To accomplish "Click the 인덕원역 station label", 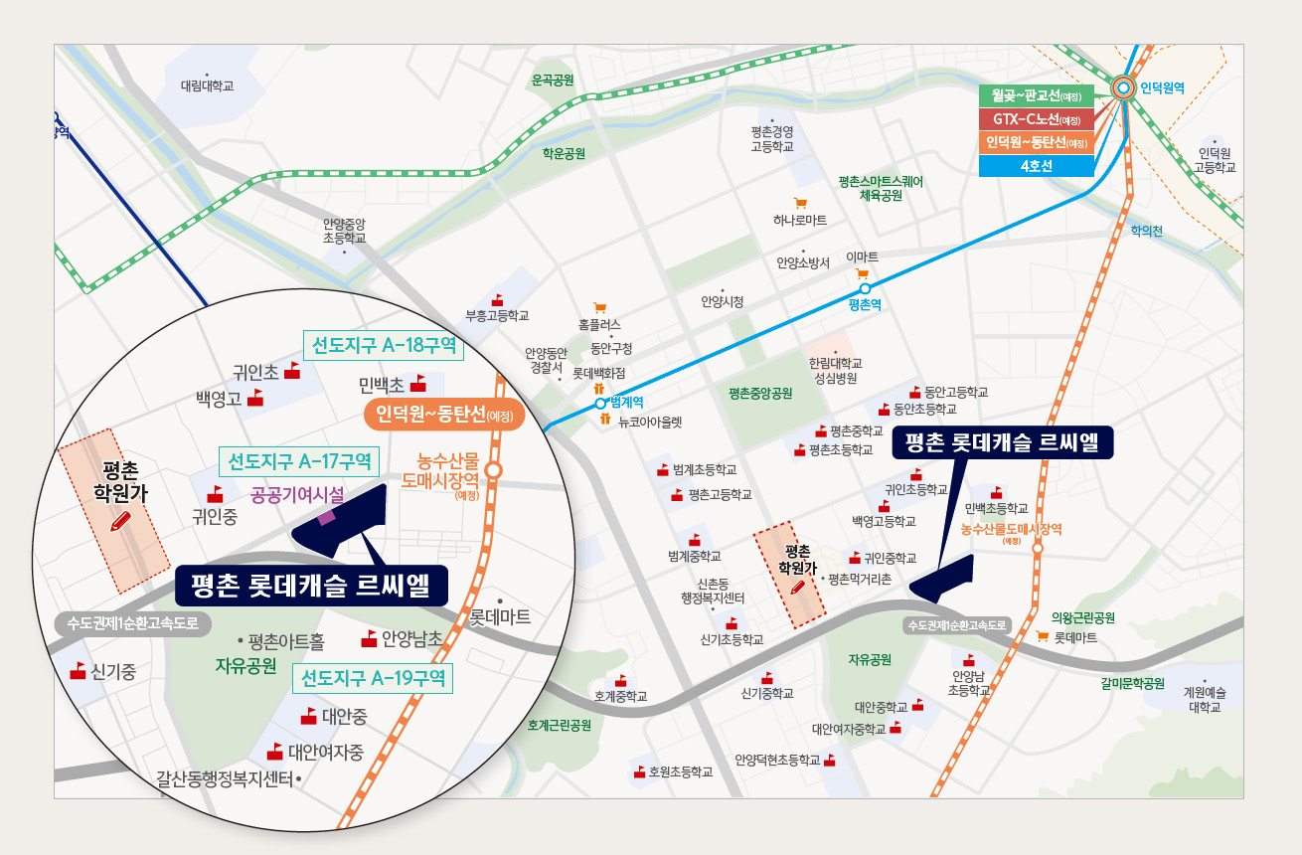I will (1163, 88).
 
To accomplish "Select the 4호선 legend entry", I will (1036, 166).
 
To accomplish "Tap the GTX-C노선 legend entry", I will (1036, 119).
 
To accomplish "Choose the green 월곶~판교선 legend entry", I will (1036, 96).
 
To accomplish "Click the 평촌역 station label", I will (865, 305).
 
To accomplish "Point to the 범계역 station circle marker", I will (600, 404).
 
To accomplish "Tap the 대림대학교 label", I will (207, 86).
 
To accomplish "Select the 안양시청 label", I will (722, 301).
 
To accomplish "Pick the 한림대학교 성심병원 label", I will (836, 371).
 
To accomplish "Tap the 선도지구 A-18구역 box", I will (384, 345).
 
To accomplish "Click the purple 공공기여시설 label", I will (298, 494).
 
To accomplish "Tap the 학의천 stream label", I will (1146, 231).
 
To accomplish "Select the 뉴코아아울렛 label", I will (650, 422).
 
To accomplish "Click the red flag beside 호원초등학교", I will (639, 770).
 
